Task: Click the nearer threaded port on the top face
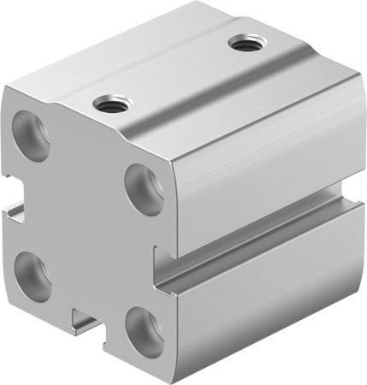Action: click(x=110, y=105)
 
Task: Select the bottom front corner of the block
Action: click(x=163, y=376)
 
